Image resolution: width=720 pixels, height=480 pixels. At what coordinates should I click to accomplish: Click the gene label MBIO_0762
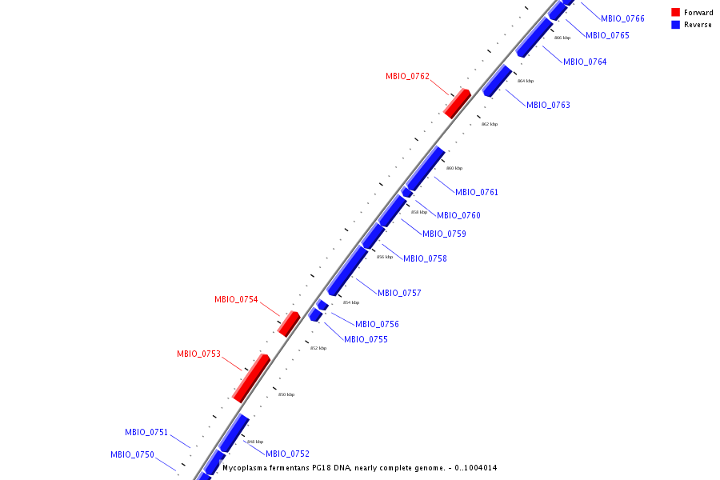click(407, 77)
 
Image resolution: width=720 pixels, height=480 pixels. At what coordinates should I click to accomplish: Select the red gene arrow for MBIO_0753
click(251, 378)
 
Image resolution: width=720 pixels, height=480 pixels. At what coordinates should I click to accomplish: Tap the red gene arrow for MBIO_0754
click(288, 323)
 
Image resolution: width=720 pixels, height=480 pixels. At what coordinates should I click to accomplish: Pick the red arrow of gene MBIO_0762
click(457, 104)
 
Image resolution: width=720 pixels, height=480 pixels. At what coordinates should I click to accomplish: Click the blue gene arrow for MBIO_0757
click(347, 271)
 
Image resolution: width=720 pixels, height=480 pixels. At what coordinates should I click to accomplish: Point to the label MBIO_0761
click(477, 192)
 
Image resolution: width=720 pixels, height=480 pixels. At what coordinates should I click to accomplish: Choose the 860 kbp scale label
click(454, 169)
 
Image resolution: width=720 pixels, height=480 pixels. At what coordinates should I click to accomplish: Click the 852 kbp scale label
click(318, 348)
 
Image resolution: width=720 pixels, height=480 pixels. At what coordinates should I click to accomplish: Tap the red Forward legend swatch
click(675, 13)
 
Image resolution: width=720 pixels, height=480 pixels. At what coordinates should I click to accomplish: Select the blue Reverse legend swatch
click(675, 25)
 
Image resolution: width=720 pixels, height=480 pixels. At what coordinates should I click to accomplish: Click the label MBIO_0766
click(622, 18)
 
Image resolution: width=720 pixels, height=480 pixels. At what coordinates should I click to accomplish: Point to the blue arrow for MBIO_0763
click(497, 81)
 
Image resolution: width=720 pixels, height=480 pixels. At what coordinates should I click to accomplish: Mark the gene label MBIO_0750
click(132, 454)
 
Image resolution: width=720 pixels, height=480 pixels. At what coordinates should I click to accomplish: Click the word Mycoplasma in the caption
click(247, 468)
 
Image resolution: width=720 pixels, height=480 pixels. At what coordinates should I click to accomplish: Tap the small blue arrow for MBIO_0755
click(315, 316)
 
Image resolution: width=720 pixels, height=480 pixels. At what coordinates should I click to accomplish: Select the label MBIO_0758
click(425, 258)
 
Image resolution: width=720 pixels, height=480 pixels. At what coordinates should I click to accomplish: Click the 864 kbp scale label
click(525, 81)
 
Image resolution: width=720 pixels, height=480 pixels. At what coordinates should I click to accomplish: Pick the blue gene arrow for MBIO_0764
click(534, 38)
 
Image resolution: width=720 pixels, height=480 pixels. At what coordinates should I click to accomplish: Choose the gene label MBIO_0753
click(198, 354)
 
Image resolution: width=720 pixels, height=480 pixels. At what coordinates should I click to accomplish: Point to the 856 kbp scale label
click(385, 257)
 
